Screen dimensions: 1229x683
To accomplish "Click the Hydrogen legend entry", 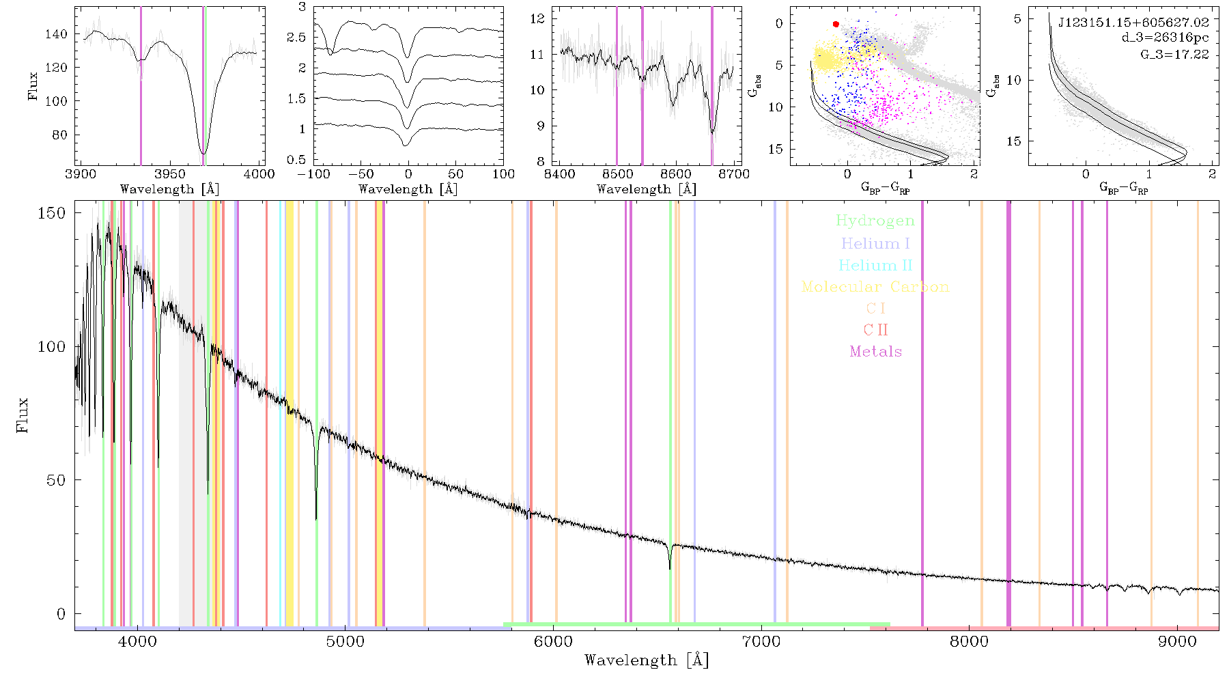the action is tap(875, 221).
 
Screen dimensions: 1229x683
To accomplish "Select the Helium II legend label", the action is tap(875, 265).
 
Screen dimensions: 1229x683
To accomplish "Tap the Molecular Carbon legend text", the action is tap(875, 287).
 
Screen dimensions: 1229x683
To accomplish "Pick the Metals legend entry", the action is tap(875, 352).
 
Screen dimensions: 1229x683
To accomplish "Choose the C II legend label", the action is tap(875, 330).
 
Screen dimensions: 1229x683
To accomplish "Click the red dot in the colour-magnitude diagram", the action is tap(836, 25).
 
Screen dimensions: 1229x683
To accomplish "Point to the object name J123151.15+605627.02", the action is tap(1133, 23).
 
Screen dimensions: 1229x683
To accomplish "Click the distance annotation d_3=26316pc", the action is tap(1165, 38).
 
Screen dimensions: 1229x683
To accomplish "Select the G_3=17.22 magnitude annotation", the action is tap(1174, 54).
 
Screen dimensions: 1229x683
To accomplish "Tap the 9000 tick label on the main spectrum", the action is tap(1177, 641).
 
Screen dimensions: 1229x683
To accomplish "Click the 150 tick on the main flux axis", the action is tap(52, 213).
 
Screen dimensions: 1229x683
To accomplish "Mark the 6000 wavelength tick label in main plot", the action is tap(554, 641).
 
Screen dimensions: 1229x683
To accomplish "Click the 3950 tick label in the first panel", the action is tap(170, 174).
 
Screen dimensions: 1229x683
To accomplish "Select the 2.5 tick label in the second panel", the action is tap(296, 38).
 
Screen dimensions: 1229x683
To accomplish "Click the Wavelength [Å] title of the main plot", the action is tap(647, 660).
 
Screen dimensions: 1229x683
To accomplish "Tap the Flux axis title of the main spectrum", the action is tap(23, 415).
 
